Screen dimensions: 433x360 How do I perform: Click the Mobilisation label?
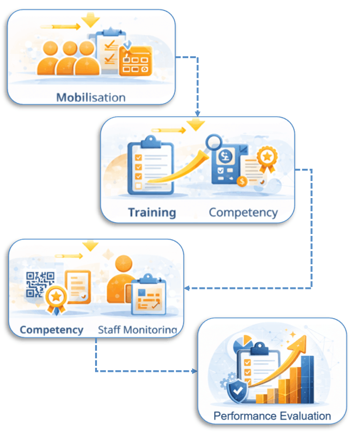pos(91,97)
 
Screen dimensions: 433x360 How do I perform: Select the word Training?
pos(151,212)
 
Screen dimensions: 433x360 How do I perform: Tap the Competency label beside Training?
pos(243,212)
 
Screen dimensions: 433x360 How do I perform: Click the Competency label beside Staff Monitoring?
pos(52,329)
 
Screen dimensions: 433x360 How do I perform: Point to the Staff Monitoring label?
pos(137,329)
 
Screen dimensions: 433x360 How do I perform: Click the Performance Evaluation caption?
pos(272,416)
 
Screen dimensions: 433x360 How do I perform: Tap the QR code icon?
pos(40,284)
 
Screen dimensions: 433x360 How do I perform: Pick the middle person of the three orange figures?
pos(70,57)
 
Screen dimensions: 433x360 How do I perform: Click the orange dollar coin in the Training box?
pos(242,181)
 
